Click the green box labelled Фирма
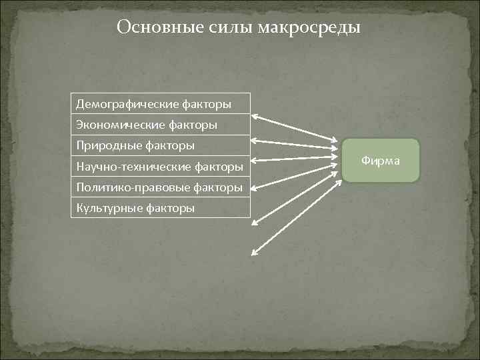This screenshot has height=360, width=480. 381,161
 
